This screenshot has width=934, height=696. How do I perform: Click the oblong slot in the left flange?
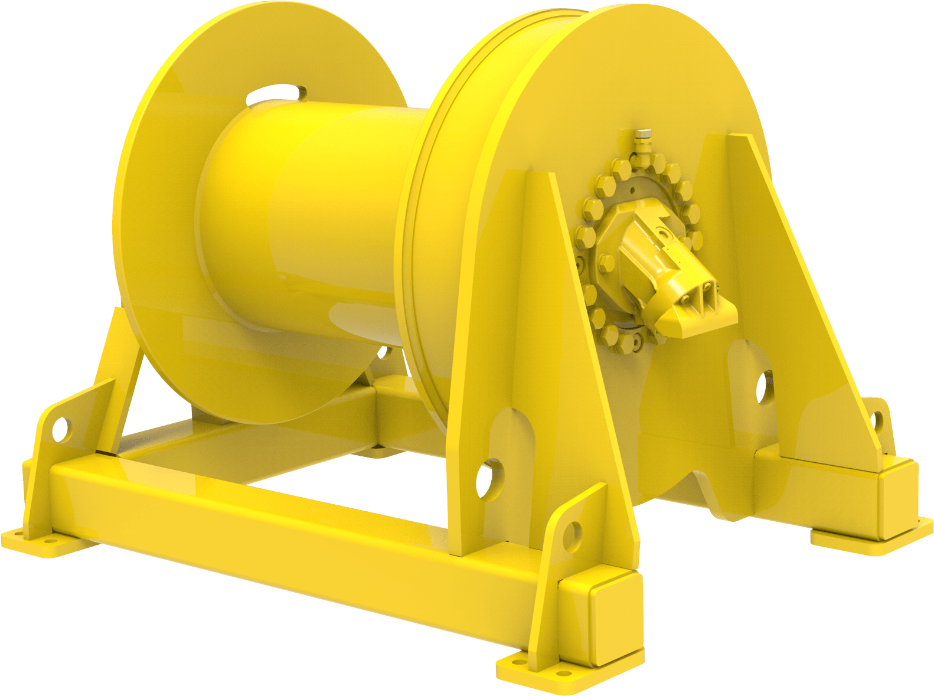[276, 93]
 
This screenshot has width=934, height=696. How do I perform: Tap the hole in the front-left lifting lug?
[60, 428]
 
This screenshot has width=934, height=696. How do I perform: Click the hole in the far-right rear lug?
[877, 420]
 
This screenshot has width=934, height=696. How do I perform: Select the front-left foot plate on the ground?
[35, 542]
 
